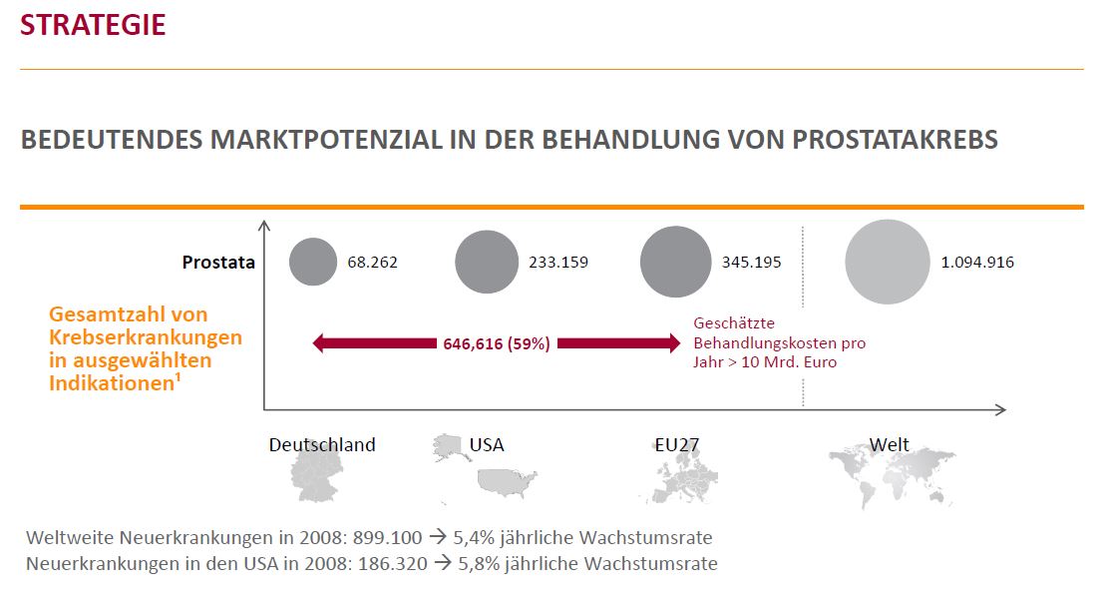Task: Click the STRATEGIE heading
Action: pyautogui.click(x=93, y=25)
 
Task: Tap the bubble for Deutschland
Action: pyautogui.click(x=313, y=263)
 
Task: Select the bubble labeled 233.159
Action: pyautogui.click(x=488, y=263)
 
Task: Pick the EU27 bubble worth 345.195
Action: pyautogui.click(x=676, y=263)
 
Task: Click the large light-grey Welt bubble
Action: pyautogui.click(x=887, y=262)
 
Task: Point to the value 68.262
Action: pyautogui.click(x=373, y=263)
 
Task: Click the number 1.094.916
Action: pyautogui.click(x=977, y=263)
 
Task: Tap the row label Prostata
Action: pyautogui.click(x=218, y=264)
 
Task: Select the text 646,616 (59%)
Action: pyautogui.click(x=496, y=344)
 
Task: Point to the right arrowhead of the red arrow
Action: pyautogui.click(x=670, y=344)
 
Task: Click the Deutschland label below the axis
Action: pyautogui.click(x=322, y=445)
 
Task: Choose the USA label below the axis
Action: pyautogui.click(x=487, y=445)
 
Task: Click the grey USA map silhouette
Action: pyautogui.click(x=507, y=482)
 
